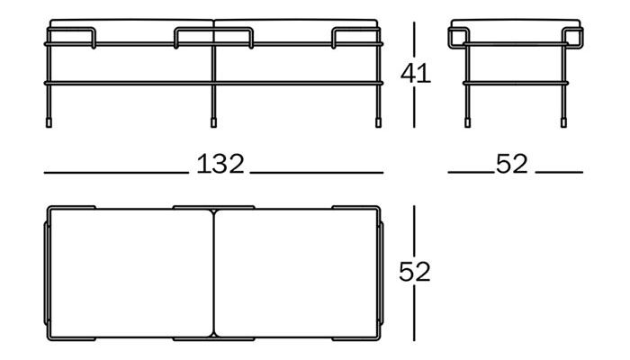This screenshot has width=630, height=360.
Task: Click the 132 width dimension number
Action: [220, 164]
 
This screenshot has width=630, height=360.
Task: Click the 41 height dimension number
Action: [416, 74]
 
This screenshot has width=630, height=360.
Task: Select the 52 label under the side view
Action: [511, 164]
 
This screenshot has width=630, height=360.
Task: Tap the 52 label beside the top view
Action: [415, 272]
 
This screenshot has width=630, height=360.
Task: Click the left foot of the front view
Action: [49, 122]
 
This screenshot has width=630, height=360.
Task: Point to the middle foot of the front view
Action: [214, 122]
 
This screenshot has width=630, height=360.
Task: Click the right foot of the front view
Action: [378, 122]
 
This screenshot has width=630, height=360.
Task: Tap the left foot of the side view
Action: [467, 122]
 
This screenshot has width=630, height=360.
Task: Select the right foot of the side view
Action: [563, 122]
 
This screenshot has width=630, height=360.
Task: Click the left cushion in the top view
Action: [131, 274]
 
